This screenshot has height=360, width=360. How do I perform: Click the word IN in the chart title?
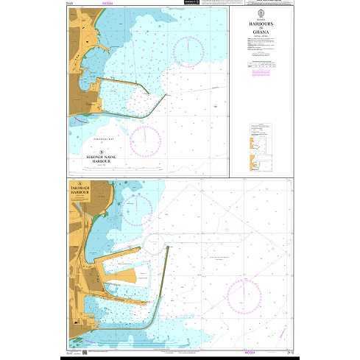[261, 29]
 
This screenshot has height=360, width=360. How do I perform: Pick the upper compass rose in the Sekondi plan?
[189, 50]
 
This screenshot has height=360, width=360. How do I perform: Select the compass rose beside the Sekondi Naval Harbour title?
[146, 140]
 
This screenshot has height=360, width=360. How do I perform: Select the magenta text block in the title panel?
[261, 74]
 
